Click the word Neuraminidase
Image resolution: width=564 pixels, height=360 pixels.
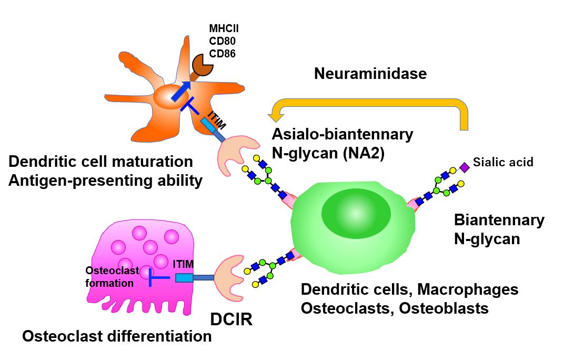(x=370, y=73)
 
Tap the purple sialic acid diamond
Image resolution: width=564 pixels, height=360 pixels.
(x=464, y=167)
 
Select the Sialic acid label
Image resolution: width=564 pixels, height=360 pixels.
(x=502, y=162)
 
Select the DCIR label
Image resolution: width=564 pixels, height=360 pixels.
(x=231, y=319)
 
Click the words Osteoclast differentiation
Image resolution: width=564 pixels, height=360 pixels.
(x=117, y=336)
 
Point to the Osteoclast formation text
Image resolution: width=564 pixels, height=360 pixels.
(x=112, y=276)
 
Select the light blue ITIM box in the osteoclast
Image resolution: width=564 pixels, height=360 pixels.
(x=184, y=277)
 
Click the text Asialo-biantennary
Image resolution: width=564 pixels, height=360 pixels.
(x=342, y=134)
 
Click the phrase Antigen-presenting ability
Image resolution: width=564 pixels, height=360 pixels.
(x=105, y=181)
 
